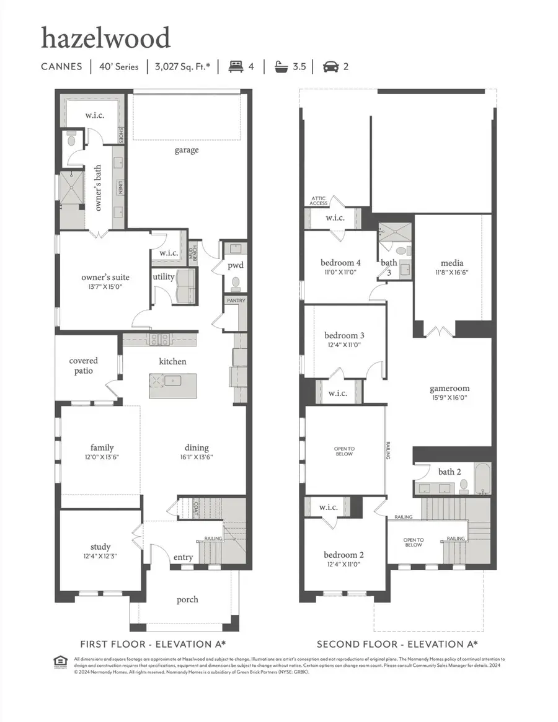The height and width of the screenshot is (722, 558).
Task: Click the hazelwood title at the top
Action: [105, 38]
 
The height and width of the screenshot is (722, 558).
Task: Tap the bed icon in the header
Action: [236, 66]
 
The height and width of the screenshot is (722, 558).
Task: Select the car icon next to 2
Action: [330, 66]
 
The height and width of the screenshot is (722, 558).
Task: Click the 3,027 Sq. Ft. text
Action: [182, 66]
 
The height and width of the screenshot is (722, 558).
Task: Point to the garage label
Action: [186, 150]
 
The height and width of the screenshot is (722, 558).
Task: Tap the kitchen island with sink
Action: [172, 386]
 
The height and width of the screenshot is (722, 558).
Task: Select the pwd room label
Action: [235, 265]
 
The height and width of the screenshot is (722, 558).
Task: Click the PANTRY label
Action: [236, 301]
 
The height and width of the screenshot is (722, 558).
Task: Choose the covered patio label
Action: [84, 366]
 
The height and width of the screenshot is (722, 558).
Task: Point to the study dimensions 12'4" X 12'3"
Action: [100, 556]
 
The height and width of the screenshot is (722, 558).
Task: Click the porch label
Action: [187, 599]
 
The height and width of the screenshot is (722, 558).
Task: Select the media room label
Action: [452, 263]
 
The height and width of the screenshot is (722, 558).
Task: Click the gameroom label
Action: [449, 389]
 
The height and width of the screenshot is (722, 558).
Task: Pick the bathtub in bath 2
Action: [482, 478]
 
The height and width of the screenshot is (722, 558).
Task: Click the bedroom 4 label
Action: [340, 262]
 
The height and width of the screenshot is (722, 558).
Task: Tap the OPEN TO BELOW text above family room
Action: [344, 451]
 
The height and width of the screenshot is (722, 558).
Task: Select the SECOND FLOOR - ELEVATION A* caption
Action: [397, 644]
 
